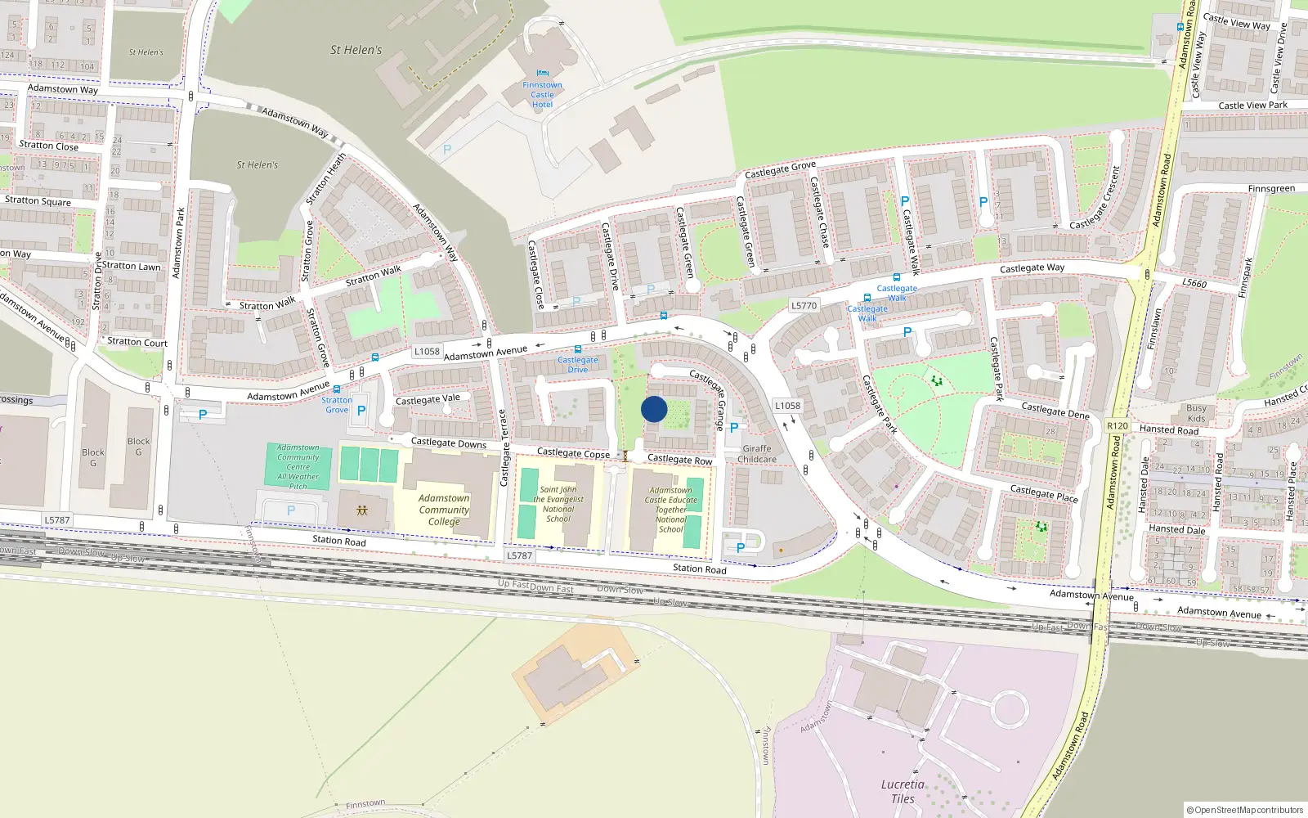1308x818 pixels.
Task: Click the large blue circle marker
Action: (x=654, y=409)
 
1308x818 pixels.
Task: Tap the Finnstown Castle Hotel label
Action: (x=542, y=95)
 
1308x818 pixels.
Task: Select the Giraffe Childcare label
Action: (x=757, y=454)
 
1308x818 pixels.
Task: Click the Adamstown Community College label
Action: (x=444, y=510)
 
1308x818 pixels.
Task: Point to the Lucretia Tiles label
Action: (x=903, y=791)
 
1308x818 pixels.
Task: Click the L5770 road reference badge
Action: (x=804, y=305)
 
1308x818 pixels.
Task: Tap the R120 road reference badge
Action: (x=1117, y=426)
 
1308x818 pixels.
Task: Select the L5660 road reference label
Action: (x=1194, y=283)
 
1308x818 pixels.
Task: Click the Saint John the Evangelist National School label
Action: (x=558, y=504)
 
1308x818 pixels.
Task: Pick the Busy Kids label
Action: (x=1196, y=413)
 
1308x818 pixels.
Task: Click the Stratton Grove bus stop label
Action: (x=337, y=405)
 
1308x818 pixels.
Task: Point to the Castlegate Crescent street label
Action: (x=1095, y=199)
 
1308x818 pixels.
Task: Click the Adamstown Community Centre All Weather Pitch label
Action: (x=298, y=467)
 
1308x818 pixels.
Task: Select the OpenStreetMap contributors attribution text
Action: (x=1244, y=810)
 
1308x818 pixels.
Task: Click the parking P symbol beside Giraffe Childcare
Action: (x=734, y=428)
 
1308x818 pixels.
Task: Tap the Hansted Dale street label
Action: (x=1176, y=529)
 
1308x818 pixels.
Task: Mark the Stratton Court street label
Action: (x=137, y=342)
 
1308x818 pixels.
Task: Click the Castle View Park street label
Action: (x=1252, y=105)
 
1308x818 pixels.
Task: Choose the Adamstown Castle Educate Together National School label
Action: (x=670, y=510)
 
